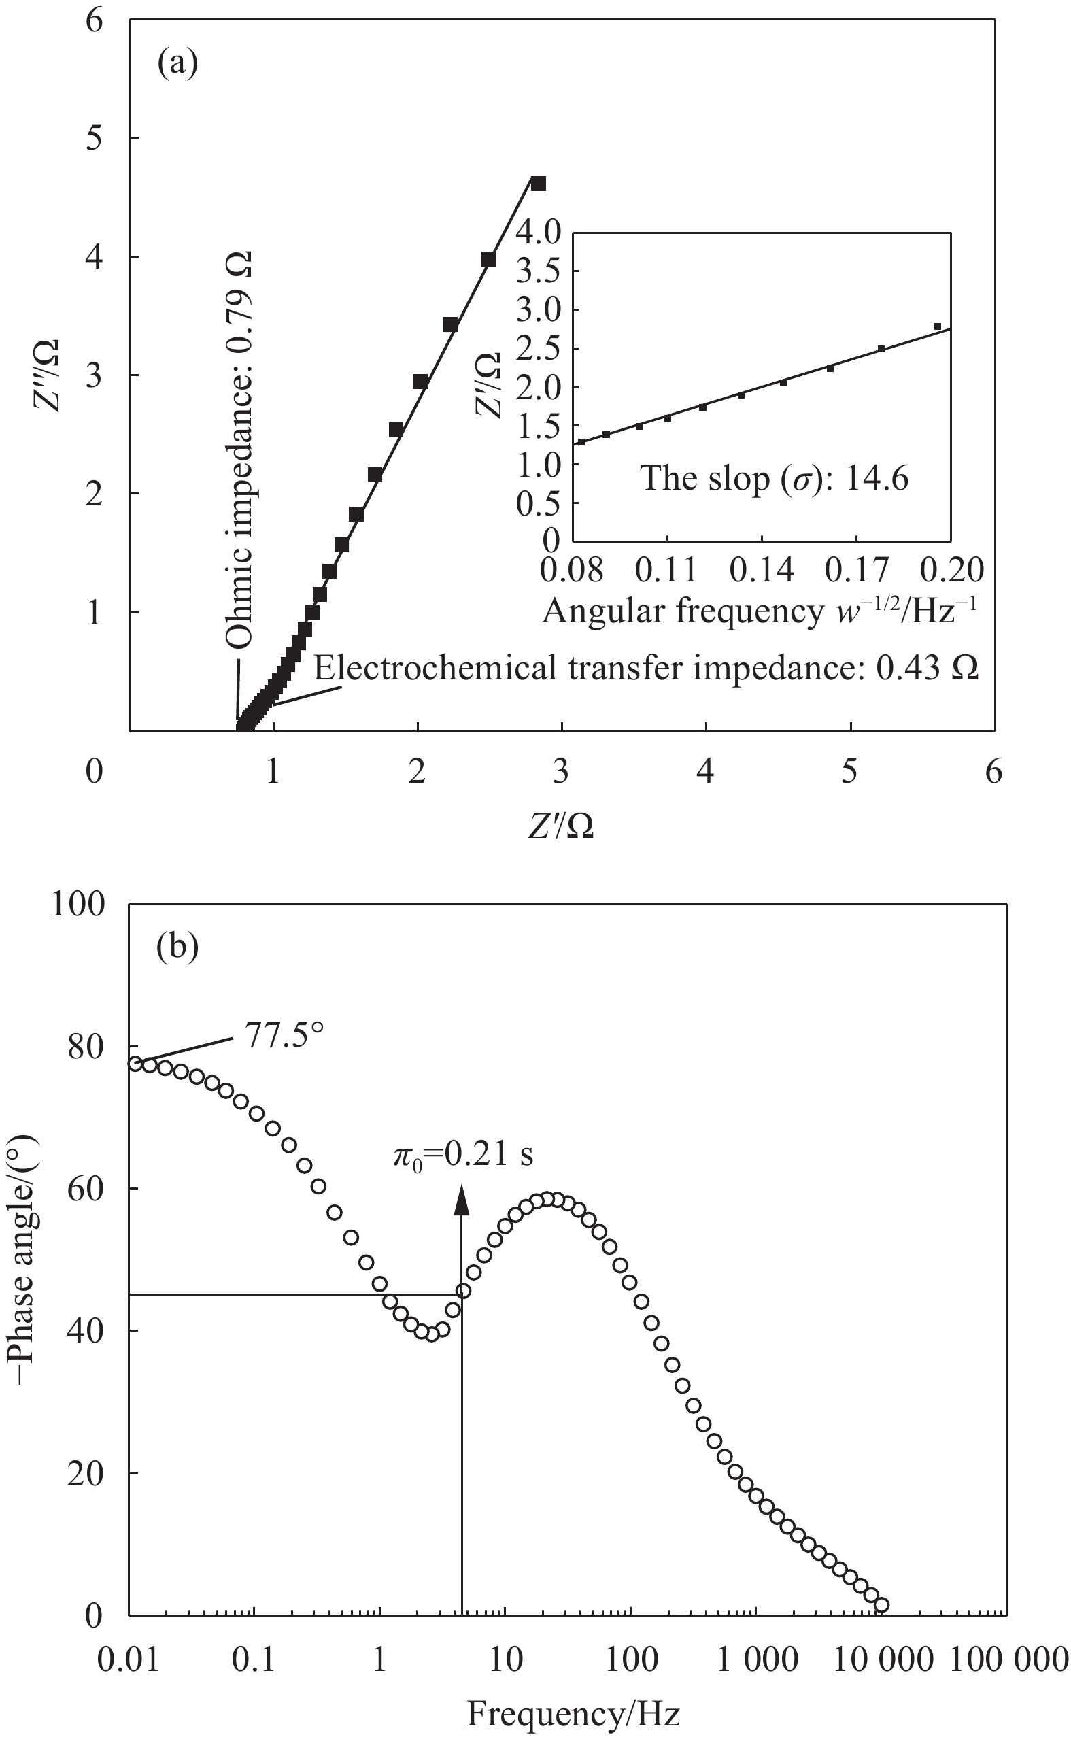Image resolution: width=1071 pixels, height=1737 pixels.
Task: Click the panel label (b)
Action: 177,948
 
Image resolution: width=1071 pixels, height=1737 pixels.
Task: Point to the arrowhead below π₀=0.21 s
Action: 462,1198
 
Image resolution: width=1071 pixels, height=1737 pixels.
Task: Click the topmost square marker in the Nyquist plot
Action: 539,184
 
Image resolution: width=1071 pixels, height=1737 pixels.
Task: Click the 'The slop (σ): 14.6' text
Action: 775,479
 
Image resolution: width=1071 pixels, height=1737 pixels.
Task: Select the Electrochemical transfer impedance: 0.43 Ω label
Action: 646,667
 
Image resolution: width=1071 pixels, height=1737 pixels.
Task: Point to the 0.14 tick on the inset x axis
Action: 762,571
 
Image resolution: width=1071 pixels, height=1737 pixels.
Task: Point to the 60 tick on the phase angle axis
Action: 86,1190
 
